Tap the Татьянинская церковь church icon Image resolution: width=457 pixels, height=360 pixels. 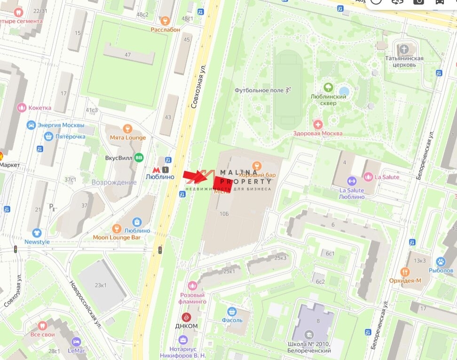404,49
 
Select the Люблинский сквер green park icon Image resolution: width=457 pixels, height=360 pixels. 328,88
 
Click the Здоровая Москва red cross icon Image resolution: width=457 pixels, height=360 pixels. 318,124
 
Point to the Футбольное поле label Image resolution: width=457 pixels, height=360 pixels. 260,90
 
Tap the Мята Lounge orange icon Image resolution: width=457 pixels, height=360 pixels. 127,128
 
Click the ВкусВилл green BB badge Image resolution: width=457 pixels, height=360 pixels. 139,158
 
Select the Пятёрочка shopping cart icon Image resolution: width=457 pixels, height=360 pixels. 47,136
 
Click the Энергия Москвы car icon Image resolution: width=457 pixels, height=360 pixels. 31,125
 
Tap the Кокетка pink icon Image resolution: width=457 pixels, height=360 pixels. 21,108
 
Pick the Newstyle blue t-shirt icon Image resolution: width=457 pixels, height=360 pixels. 37,233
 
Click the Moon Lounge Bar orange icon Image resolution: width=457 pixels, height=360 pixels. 118,229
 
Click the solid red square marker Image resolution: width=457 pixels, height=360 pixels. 222,183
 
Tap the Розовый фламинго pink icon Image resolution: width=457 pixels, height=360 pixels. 192,285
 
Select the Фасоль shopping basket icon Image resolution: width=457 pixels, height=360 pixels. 231,312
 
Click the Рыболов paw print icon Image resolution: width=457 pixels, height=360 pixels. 441,261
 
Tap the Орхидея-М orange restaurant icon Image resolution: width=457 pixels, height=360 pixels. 405,272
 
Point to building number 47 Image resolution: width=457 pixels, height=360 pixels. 127,55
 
